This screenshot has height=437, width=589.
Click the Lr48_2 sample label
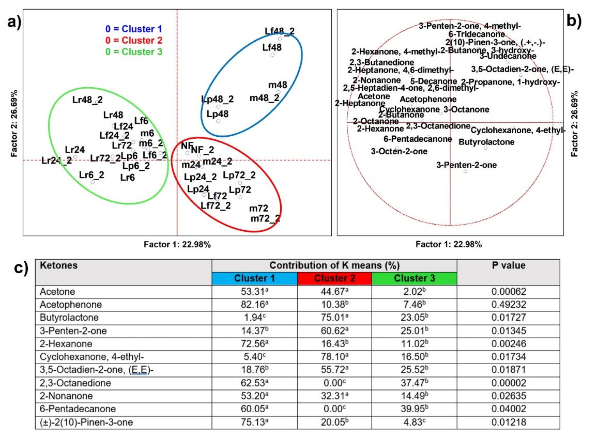coord(87,100)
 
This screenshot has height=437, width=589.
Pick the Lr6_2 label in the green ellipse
coord(91,175)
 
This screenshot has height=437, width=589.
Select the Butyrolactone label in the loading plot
coord(486,142)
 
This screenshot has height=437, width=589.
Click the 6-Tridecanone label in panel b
coord(476,34)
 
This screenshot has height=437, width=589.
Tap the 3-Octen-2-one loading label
coord(399,151)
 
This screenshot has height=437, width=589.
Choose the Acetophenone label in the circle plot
coord(428,99)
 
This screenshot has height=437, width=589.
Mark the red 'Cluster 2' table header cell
coord(335,278)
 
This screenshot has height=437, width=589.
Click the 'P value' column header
coord(508,265)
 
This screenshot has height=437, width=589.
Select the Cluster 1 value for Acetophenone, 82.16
coord(254,304)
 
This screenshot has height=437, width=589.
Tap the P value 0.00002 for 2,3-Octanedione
coord(509,383)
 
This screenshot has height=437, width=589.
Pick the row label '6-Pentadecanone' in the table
coord(78,409)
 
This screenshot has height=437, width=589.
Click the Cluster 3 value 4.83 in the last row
coord(414,422)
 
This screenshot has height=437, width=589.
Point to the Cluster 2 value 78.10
coord(335,357)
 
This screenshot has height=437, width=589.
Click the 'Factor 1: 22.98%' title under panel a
coord(177,244)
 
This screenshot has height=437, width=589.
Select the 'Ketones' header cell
coord(59,265)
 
